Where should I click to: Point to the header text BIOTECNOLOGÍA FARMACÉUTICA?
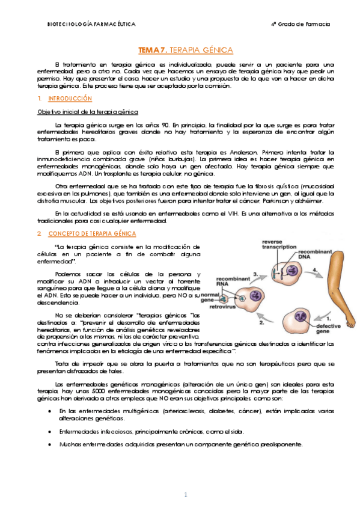tap(91, 24)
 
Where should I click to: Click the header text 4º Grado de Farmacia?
tap(301, 24)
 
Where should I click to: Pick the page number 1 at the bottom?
tap(186, 494)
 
